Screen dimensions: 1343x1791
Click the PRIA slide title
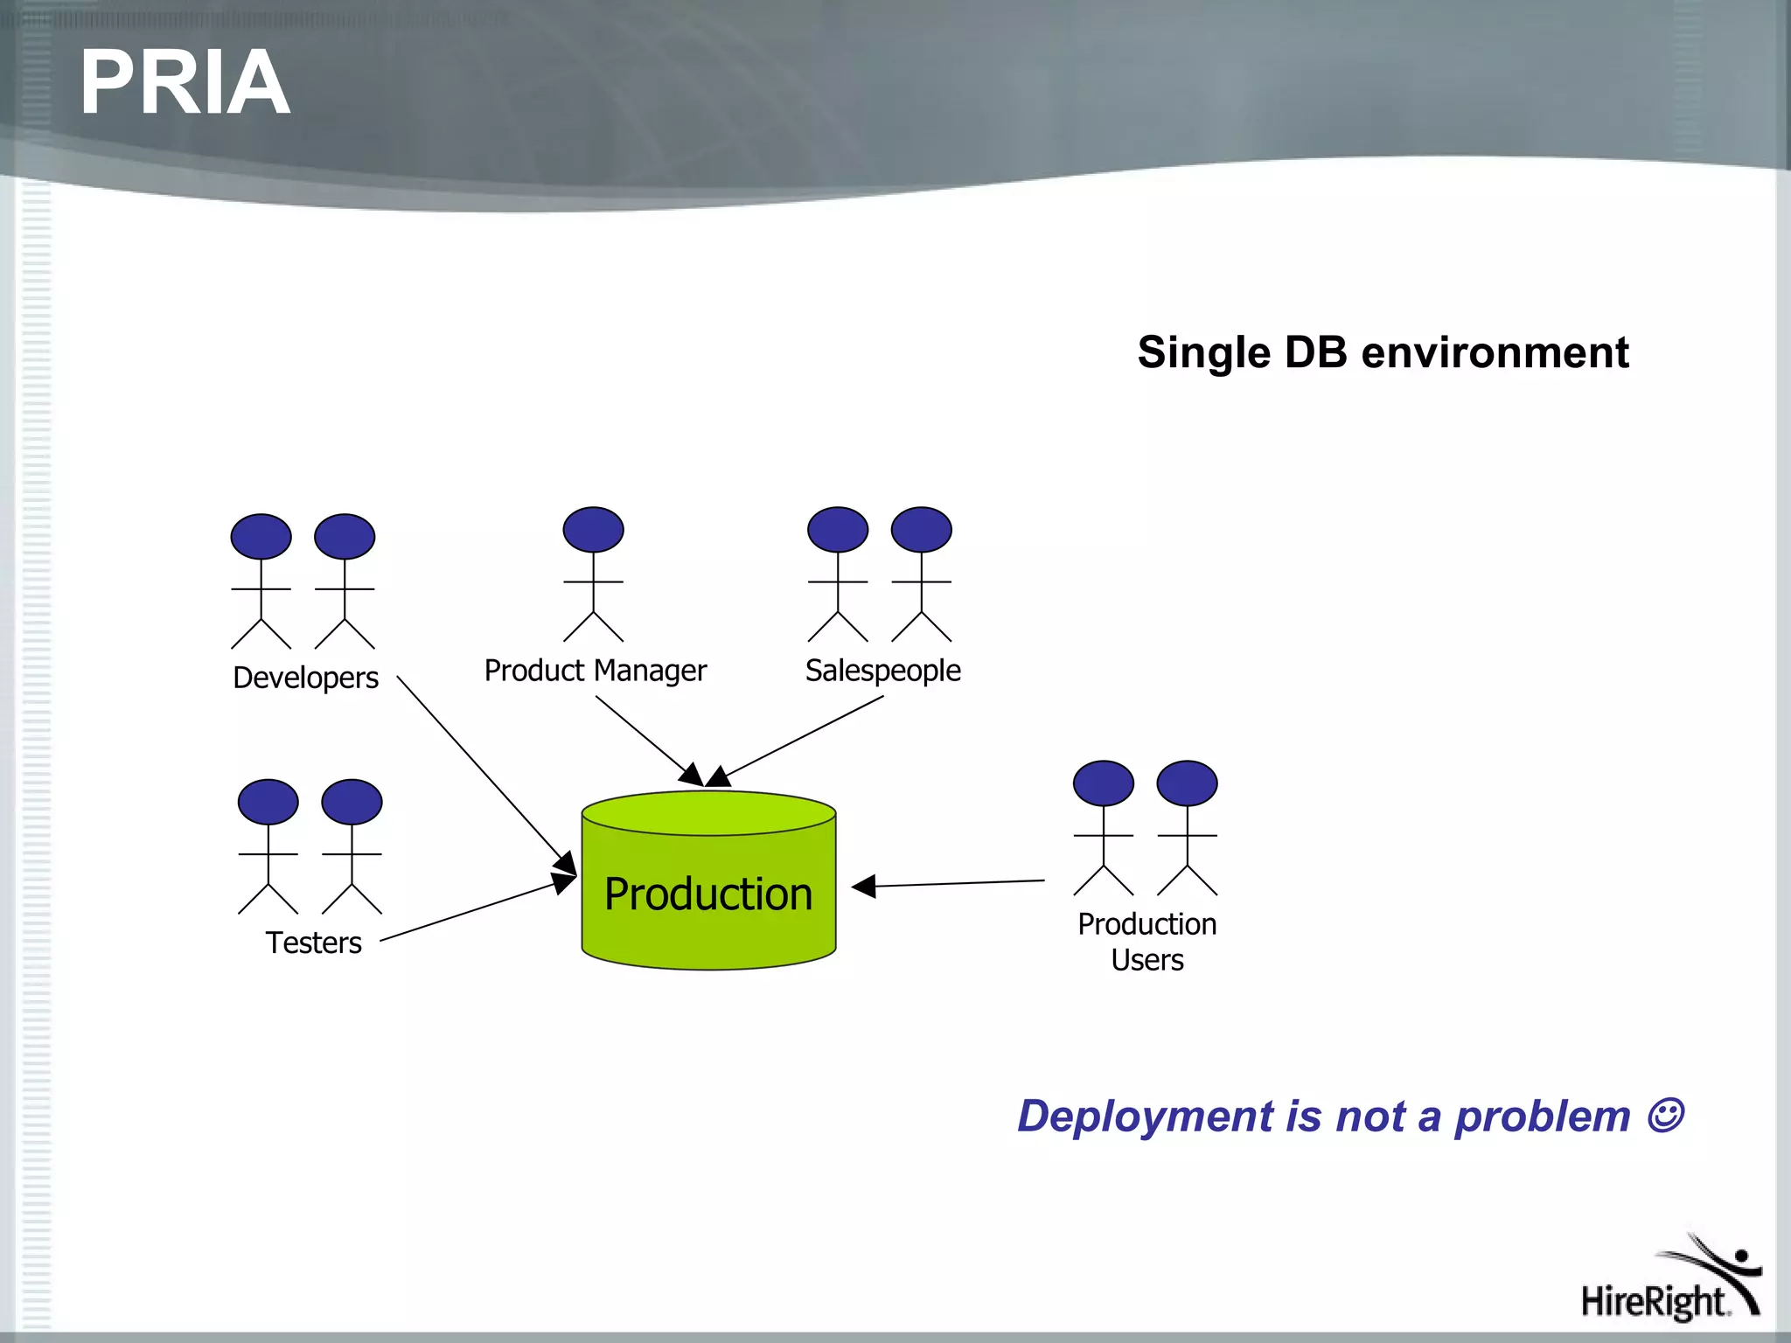(184, 83)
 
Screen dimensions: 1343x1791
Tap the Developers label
(305, 678)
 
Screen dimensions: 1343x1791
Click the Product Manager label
(595, 671)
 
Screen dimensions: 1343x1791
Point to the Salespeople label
(882, 671)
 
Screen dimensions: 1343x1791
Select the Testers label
(313, 943)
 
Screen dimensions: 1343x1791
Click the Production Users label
(1146, 942)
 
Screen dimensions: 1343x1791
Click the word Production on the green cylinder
(708, 894)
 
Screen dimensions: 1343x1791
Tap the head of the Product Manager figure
(593, 530)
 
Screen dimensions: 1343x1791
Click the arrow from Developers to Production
(481, 769)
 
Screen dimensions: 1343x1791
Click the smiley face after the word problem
(1664, 1116)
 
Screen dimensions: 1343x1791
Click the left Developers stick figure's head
(261, 537)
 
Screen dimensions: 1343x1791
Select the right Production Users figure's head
(1187, 783)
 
